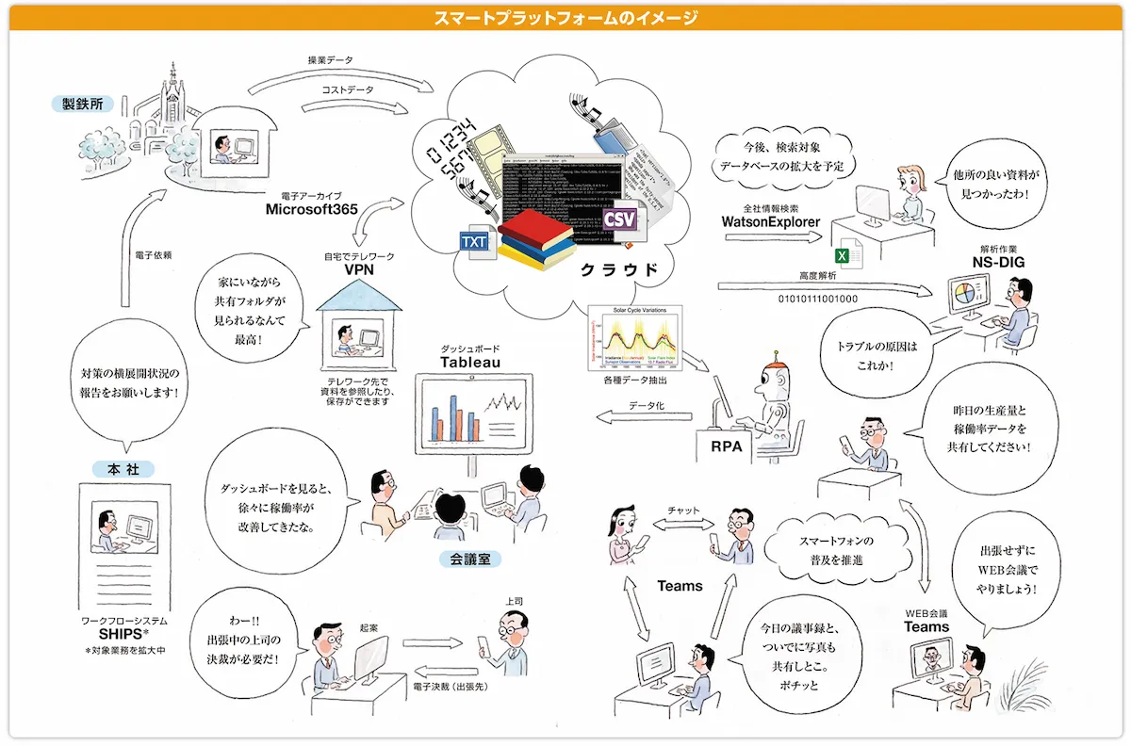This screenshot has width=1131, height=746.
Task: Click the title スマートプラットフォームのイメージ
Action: click(x=565, y=17)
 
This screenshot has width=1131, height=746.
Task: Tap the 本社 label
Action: click(x=124, y=468)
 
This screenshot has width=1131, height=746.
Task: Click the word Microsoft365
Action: click(x=312, y=210)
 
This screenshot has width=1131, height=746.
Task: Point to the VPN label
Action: click(x=360, y=269)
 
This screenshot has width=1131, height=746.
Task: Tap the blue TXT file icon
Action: click(x=474, y=242)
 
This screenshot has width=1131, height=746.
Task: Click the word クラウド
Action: click(x=618, y=269)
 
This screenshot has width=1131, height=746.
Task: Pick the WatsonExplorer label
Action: click(x=770, y=222)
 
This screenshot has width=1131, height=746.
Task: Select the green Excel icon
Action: click(x=844, y=255)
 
